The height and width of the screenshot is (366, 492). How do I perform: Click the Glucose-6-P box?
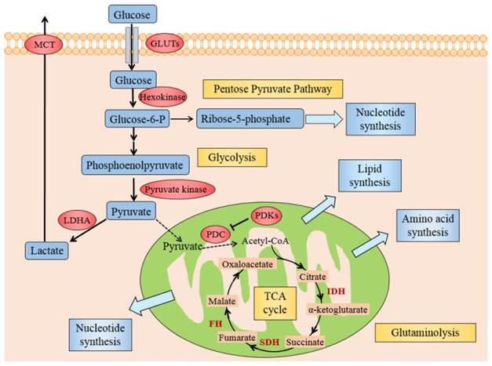click(136, 118)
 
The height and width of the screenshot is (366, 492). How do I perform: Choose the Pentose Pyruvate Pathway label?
click(256, 89)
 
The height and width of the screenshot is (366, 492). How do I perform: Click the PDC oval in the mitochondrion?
click(213, 234)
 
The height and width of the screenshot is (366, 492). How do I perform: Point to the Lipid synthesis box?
click(369, 178)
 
